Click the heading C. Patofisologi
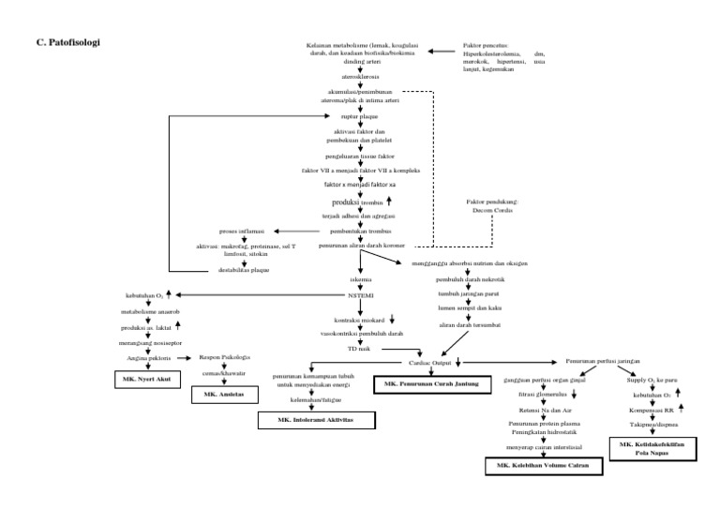pyautogui.click(x=67, y=43)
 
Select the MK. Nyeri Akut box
pyautogui.click(x=144, y=380)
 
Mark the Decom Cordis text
pyautogui.click(x=491, y=210)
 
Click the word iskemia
pyautogui.click(x=361, y=279)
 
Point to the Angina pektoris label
pyautogui.click(x=146, y=357)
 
